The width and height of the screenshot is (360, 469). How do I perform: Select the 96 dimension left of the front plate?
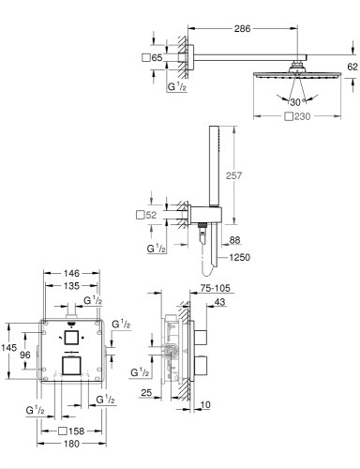tap(26, 356)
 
